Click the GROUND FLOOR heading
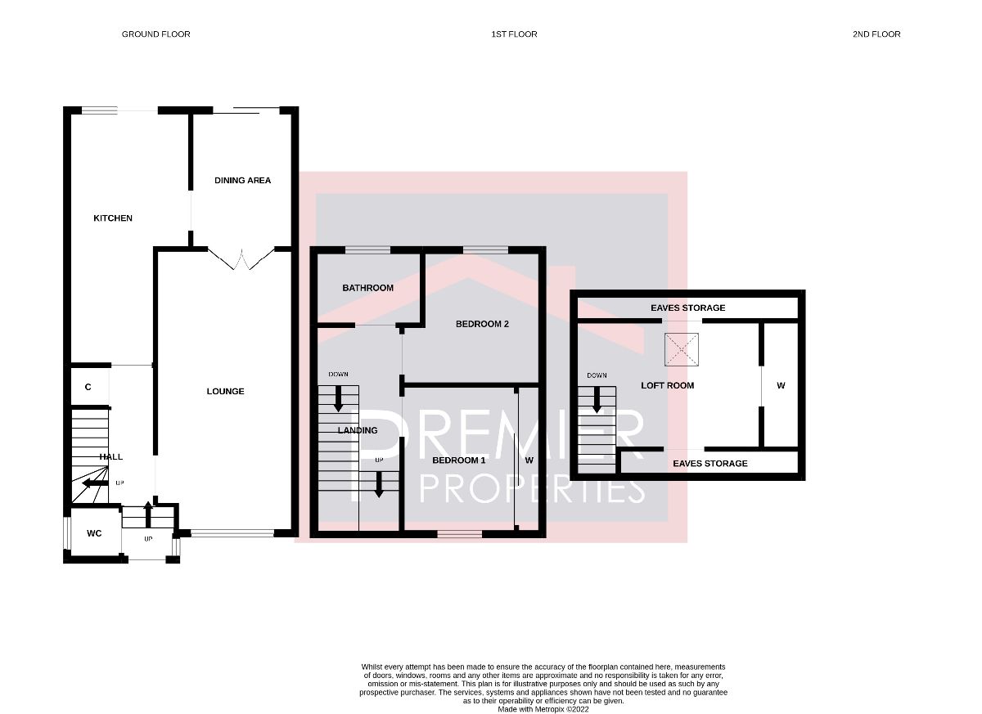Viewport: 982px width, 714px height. click(x=155, y=34)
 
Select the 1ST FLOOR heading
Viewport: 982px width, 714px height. click(x=514, y=34)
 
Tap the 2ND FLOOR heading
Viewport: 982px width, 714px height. click(x=876, y=34)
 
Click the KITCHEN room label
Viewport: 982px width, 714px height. click(x=113, y=218)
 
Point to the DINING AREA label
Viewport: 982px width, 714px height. click(x=242, y=180)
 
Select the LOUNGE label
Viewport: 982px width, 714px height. click(x=225, y=391)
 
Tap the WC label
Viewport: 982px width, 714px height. click(x=94, y=533)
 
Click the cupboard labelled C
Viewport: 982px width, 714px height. click(x=88, y=387)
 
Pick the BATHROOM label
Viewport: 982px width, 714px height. click(x=367, y=288)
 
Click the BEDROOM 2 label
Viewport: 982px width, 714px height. click(x=482, y=324)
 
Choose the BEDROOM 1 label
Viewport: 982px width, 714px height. click(x=458, y=460)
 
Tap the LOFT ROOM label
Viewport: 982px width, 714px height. click(x=668, y=385)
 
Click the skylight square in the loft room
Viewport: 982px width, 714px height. click(x=682, y=350)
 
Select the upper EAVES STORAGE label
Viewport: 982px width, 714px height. click(x=687, y=308)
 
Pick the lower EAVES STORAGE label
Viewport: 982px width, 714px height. click(x=709, y=463)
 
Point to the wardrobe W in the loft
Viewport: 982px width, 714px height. click(x=781, y=385)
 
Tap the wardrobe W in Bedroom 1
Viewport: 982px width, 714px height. click(x=529, y=460)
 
